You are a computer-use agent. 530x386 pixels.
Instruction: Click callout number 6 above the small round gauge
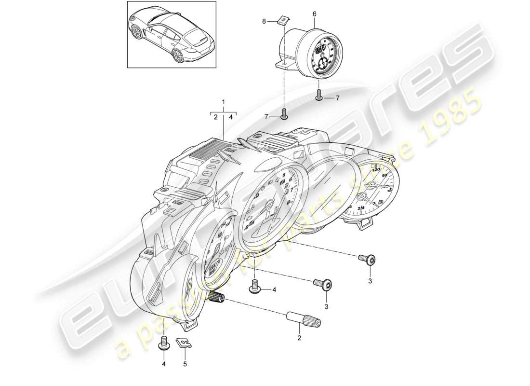click(315, 14)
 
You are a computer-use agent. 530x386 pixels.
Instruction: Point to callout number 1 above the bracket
click(223, 102)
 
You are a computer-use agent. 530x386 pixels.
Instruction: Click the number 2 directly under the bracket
click(216, 117)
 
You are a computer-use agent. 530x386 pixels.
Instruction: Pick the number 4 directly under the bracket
click(231, 117)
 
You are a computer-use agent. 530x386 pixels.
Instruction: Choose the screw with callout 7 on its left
click(284, 114)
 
